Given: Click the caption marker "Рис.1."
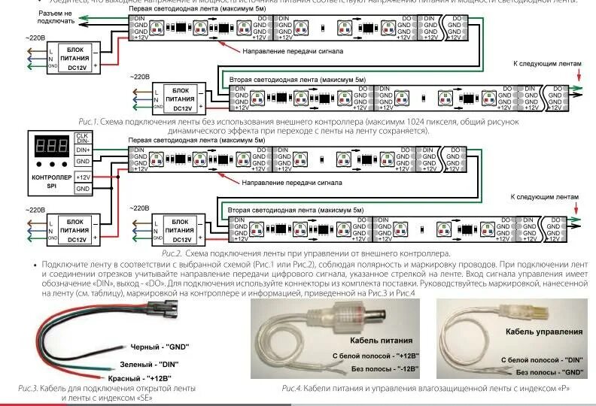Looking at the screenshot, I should (88, 121).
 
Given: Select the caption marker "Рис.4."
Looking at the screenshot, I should (291, 388).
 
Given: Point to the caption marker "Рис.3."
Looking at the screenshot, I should (27, 388).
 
